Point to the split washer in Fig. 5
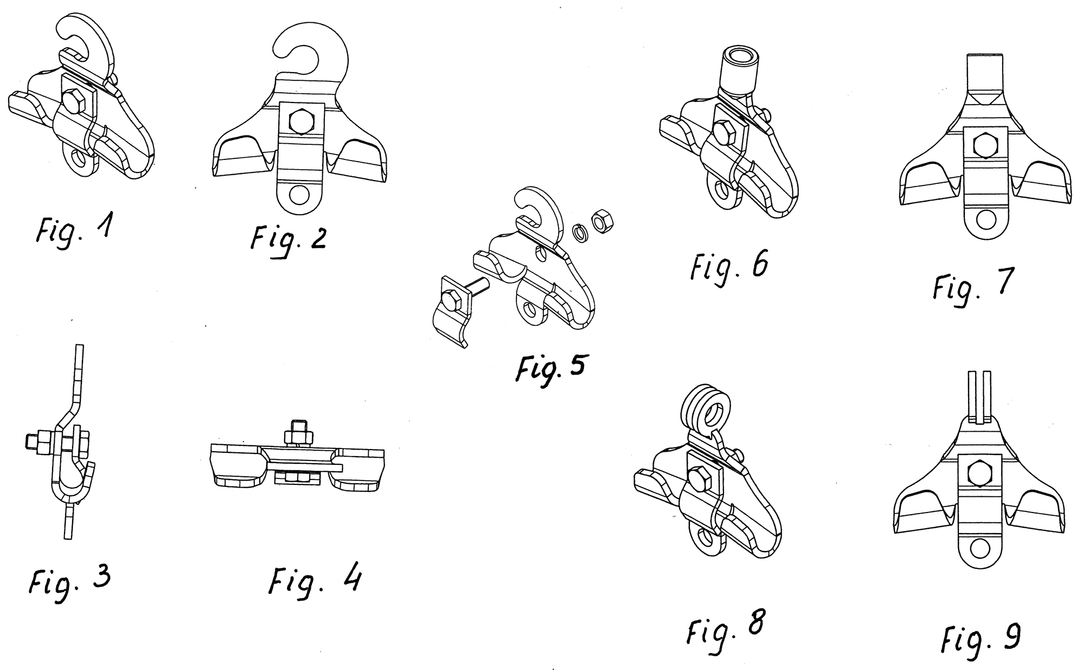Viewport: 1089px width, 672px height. coord(581,233)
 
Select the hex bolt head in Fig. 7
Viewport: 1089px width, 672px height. coord(985,144)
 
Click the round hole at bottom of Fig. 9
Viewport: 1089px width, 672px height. coord(979,549)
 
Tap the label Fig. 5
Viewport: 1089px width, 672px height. coord(550,370)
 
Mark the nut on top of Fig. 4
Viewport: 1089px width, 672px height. coord(298,434)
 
